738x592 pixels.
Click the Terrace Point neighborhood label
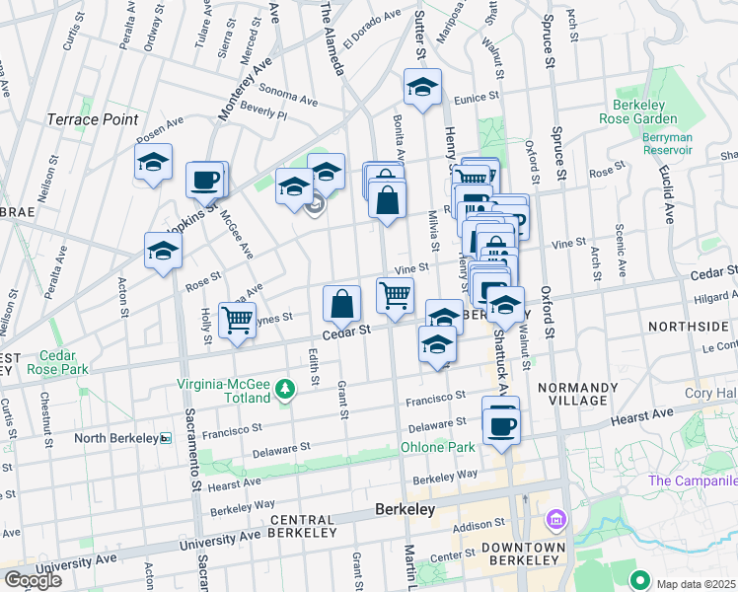pos(93,119)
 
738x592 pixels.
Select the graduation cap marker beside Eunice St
pos(422,87)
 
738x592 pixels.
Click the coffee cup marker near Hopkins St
pos(205,181)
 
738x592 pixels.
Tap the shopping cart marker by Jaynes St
pos(237,320)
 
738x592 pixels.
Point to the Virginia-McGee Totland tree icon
pos(285,390)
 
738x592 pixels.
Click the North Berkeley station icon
pos(166,437)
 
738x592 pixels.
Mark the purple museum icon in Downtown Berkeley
pos(554,518)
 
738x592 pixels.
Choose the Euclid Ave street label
pos(667,196)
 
